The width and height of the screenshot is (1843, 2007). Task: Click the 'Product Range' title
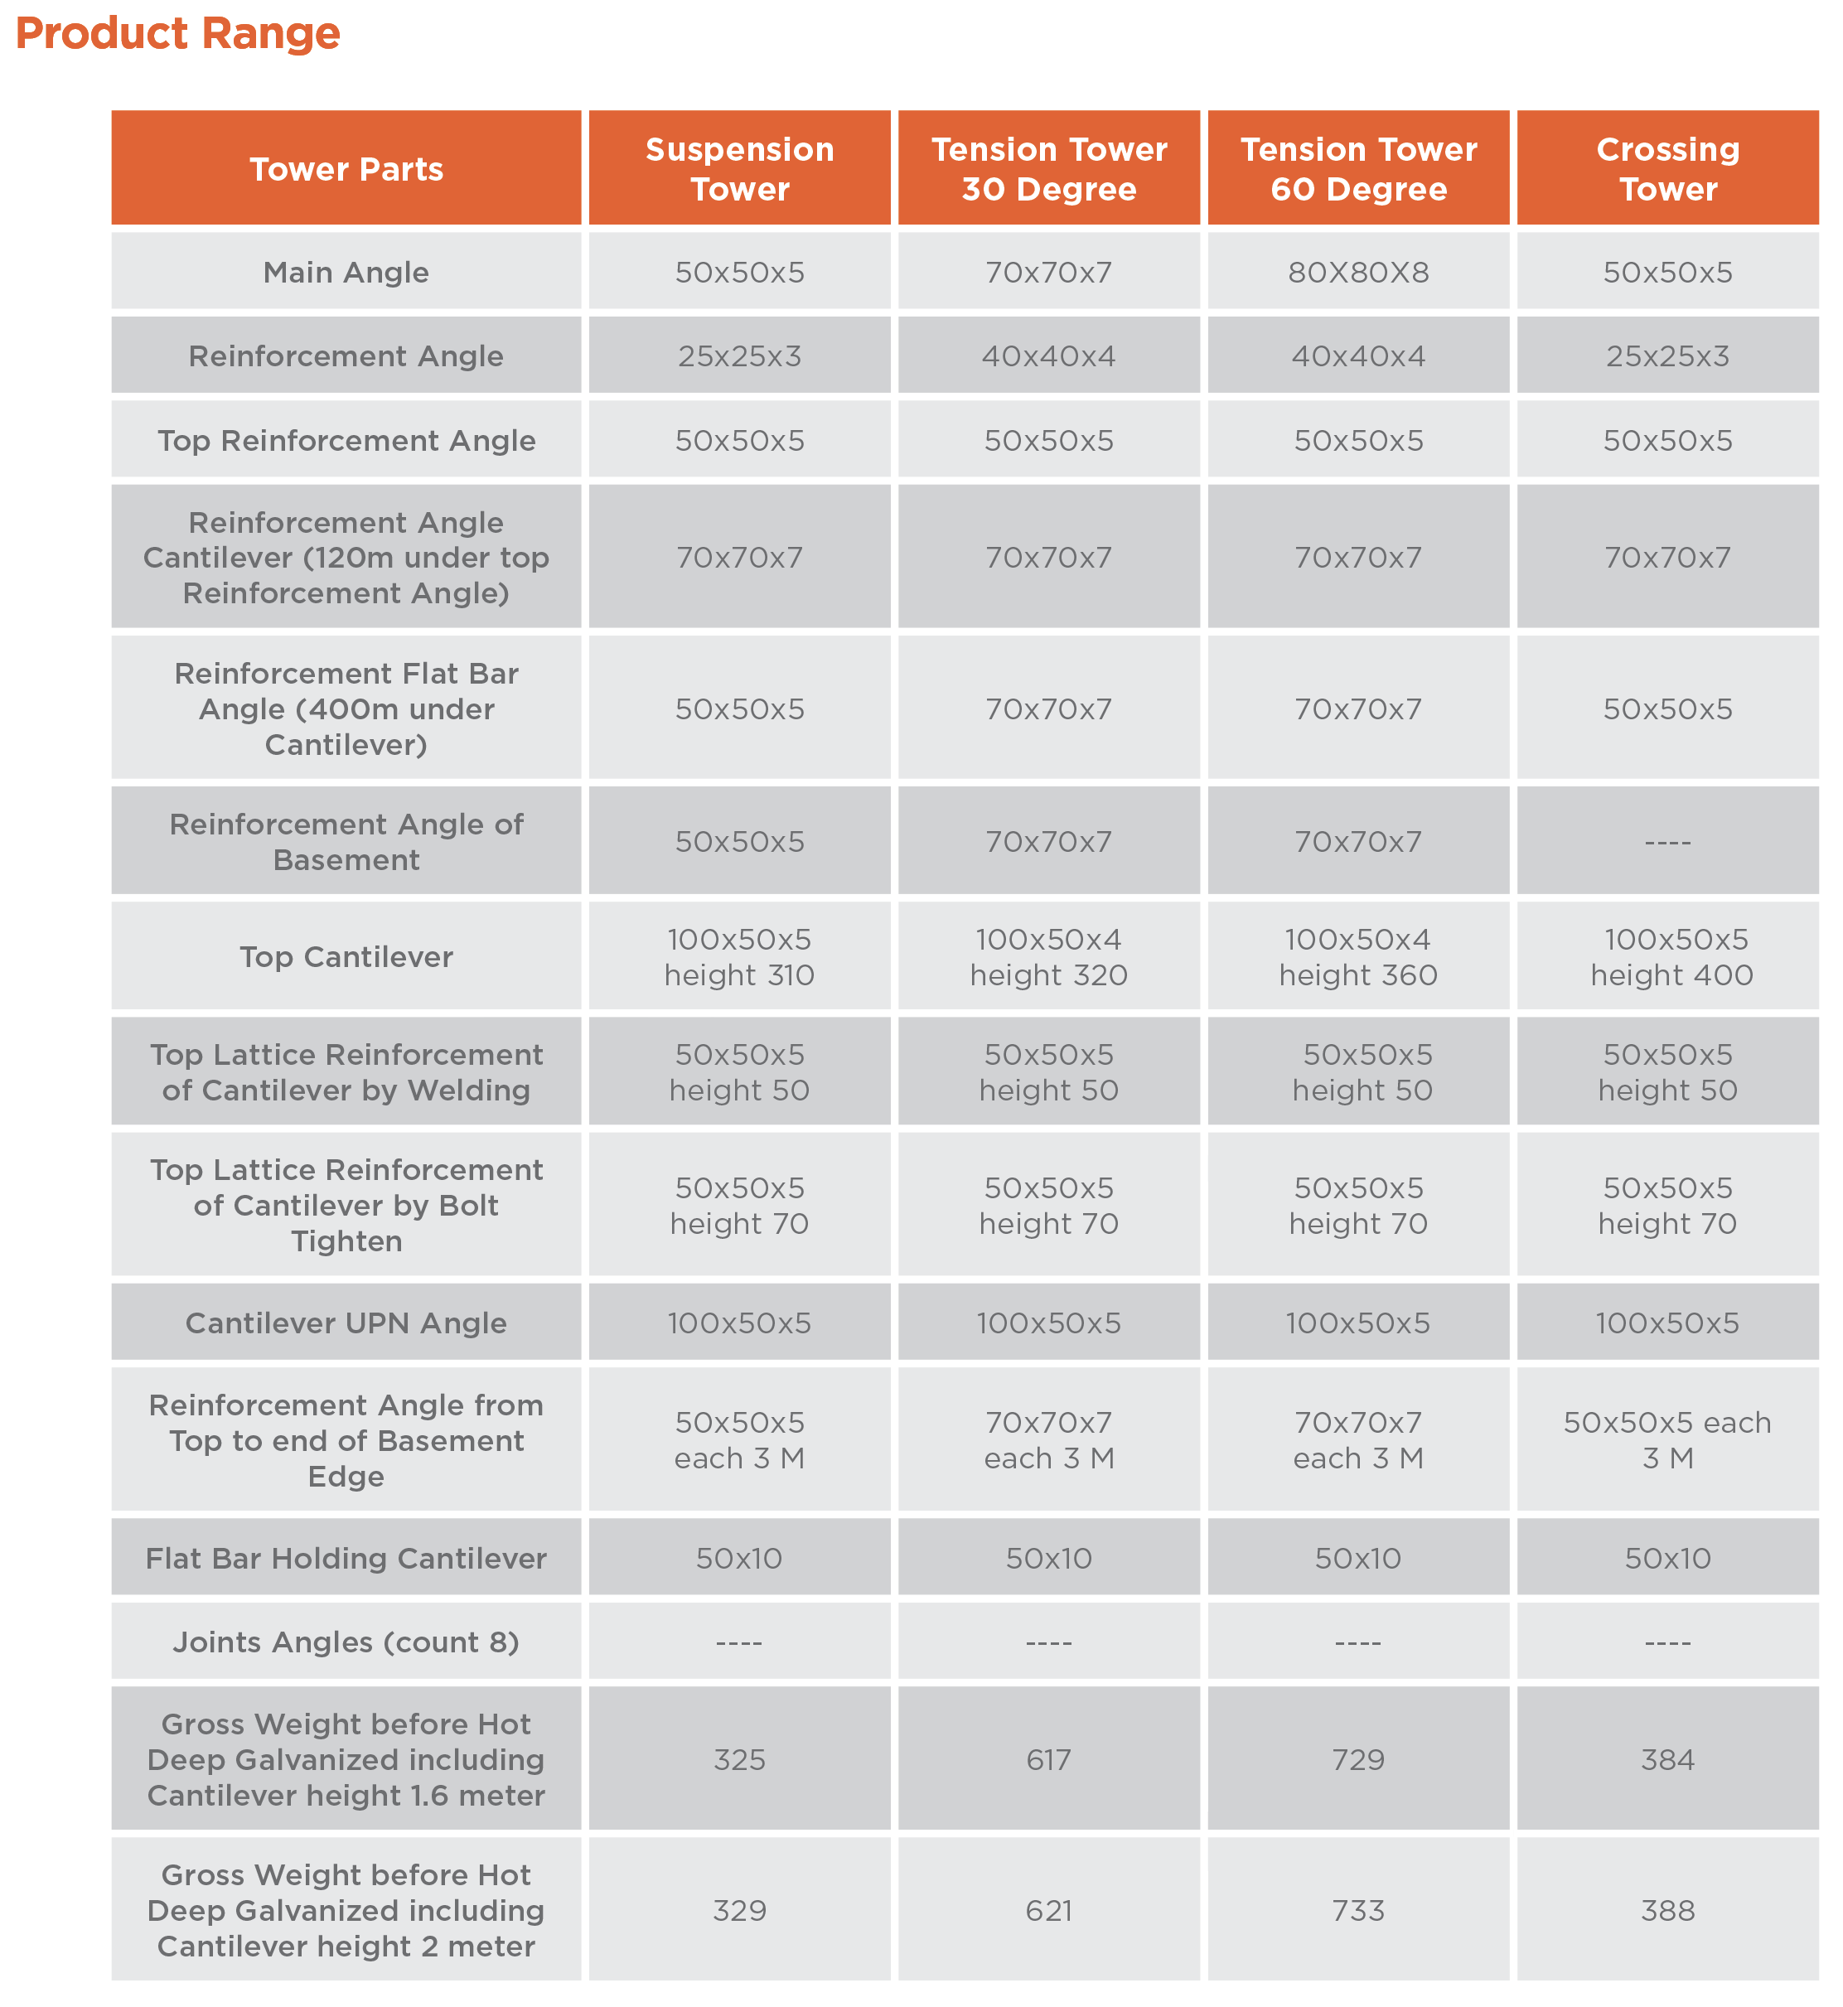coord(177,34)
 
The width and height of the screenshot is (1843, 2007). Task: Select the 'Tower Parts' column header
coord(346,170)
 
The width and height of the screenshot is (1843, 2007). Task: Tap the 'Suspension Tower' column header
coord(739,170)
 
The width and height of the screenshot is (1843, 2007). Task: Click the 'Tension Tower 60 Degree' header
coord(1358,170)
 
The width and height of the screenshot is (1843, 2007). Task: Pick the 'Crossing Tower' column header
coord(1667,170)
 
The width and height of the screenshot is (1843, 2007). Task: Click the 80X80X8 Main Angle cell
coord(1358,272)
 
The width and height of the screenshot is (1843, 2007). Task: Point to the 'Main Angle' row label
coord(346,272)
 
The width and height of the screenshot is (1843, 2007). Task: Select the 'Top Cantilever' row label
coord(346,957)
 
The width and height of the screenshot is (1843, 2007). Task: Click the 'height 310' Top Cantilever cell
coord(739,958)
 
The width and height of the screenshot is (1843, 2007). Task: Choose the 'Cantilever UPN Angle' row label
coord(346,1323)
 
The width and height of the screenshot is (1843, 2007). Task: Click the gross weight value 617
coord(1048,1760)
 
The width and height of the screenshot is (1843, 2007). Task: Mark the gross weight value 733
coord(1358,1910)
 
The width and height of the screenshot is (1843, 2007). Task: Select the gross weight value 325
coord(739,1760)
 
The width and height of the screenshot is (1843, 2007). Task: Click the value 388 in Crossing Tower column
coord(1667,1910)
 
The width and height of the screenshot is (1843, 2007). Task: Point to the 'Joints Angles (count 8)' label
coord(346,1642)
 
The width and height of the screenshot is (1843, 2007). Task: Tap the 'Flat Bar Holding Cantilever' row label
coord(346,1559)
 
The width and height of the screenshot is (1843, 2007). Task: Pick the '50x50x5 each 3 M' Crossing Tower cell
coord(1667,1439)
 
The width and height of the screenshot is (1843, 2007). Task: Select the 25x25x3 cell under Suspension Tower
coord(739,356)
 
